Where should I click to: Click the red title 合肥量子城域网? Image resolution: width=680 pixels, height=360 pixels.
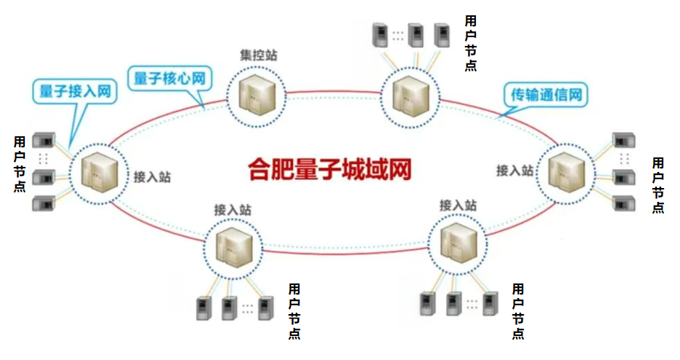[x=329, y=169]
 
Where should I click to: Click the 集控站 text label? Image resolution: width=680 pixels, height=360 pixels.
[x=258, y=55]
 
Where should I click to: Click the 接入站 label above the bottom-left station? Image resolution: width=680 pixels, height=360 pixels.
[x=232, y=209]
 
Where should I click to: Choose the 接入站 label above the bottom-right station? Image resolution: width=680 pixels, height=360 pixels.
[x=458, y=206]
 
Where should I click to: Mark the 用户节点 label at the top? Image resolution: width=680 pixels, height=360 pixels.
[x=471, y=42]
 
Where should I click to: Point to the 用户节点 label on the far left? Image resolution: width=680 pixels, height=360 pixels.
[x=20, y=163]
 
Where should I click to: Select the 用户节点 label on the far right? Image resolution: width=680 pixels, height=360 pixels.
[x=657, y=184]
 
